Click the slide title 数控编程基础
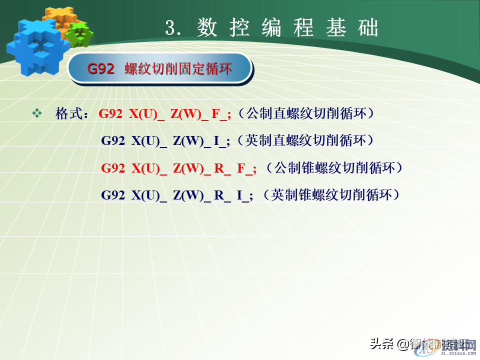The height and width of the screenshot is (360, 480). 287,28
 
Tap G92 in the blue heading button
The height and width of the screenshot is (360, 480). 100,68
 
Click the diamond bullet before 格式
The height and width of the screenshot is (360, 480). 37,113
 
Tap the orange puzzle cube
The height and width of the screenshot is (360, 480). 58,18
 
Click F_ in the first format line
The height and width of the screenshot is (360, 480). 220,114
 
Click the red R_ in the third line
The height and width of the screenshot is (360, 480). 222,168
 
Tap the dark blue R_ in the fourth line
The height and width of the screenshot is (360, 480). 222,195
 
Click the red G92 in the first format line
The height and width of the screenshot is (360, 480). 110,114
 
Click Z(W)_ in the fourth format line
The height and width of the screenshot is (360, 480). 192,195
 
